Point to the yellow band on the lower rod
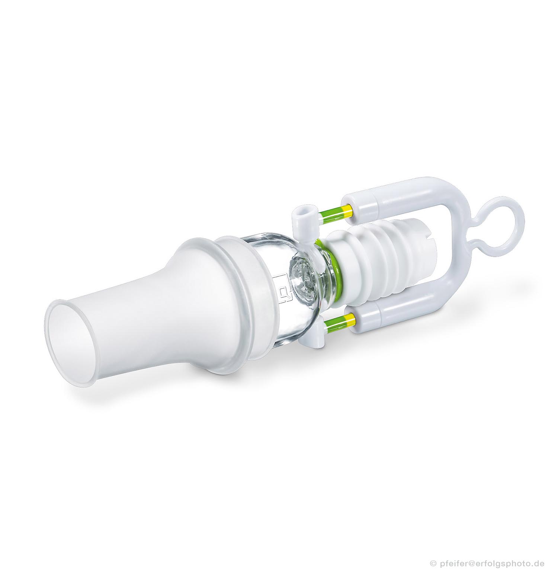point(348,318)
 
